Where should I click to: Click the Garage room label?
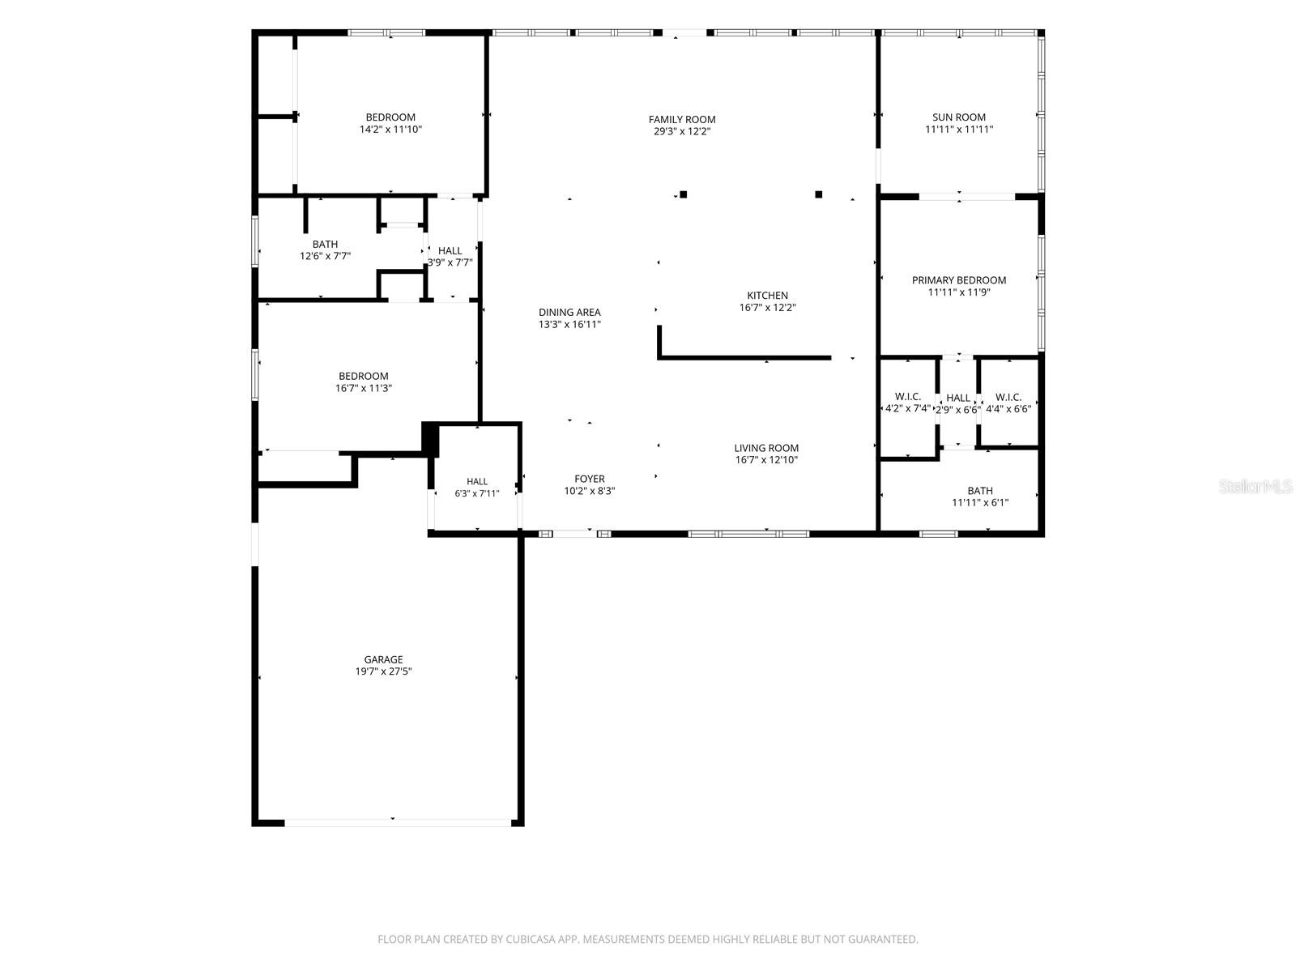(383, 659)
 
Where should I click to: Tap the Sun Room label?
(959, 117)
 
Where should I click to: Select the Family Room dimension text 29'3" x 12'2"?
(682, 131)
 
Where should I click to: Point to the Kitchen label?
(767, 295)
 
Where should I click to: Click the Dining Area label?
(569, 312)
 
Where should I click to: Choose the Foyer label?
(589, 479)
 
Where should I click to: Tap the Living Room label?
(766, 448)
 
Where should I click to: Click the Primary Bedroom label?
(959, 279)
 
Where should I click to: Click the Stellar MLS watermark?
(1255, 486)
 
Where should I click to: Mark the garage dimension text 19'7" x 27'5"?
(383, 671)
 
